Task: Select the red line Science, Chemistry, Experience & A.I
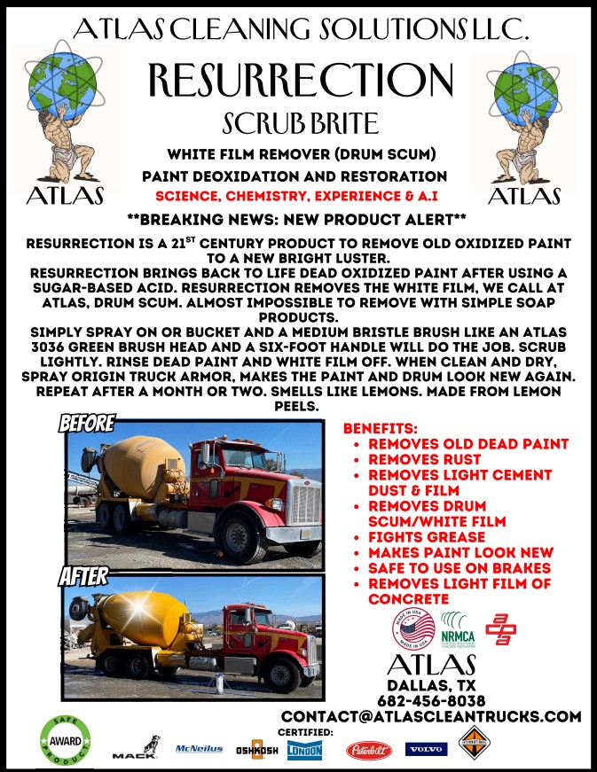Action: click(x=298, y=195)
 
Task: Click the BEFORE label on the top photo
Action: click(x=87, y=424)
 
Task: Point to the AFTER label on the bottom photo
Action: click(x=83, y=577)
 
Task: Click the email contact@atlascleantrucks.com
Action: click(x=431, y=716)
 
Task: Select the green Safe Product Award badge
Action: click(x=65, y=742)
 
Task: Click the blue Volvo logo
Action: click(x=427, y=750)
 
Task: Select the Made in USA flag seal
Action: click(x=414, y=629)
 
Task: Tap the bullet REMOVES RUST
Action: click(x=424, y=459)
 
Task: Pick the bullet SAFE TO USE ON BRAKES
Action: click(x=460, y=567)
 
